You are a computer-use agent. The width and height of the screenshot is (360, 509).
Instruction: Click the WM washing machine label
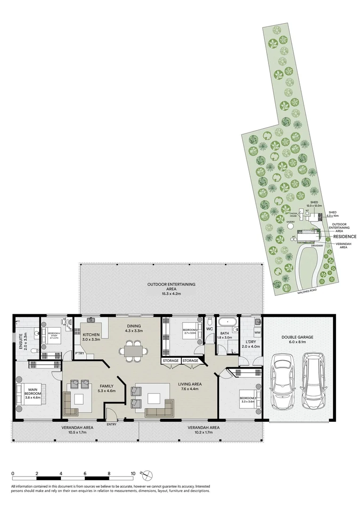click(x=257, y=333)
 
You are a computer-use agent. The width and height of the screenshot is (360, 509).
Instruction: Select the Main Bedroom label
click(x=33, y=391)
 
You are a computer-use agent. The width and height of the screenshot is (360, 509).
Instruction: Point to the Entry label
click(x=112, y=424)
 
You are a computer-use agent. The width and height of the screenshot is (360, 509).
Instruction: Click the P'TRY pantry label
click(x=80, y=354)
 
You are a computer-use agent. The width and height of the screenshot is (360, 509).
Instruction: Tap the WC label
click(x=210, y=328)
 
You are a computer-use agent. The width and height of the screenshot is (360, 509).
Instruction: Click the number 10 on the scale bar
click(x=133, y=474)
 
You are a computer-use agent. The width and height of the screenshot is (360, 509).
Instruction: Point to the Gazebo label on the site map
click(x=290, y=221)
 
